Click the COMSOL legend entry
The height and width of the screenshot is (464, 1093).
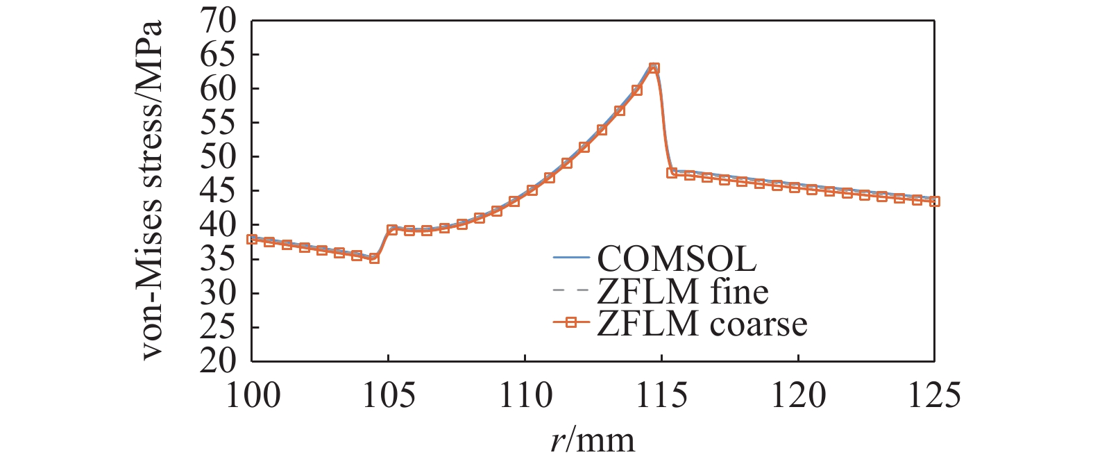[x=677, y=258]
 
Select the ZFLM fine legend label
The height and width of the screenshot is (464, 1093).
[x=683, y=291]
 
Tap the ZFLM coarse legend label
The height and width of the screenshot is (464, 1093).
[x=702, y=324]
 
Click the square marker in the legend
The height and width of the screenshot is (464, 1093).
[x=571, y=323]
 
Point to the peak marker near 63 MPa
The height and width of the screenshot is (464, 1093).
[x=654, y=68]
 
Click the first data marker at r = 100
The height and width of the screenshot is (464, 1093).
[x=252, y=239]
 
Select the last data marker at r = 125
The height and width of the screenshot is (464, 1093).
[x=934, y=201]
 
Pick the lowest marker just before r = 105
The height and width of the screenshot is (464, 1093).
[x=374, y=258]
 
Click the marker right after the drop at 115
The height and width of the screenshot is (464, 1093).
[x=672, y=173]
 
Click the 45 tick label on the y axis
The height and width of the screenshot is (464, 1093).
[x=218, y=191]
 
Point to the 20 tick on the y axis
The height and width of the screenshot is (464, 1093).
[x=218, y=361]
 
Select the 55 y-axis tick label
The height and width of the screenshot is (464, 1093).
[x=218, y=123]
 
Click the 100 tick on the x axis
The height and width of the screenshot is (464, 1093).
[x=253, y=395]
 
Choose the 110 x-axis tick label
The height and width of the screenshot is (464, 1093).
[x=525, y=395]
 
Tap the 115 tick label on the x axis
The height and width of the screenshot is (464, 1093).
[x=661, y=395]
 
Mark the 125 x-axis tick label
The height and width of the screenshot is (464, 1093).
[x=934, y=395]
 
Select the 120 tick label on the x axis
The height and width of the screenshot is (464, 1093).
[x=798, y=395]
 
